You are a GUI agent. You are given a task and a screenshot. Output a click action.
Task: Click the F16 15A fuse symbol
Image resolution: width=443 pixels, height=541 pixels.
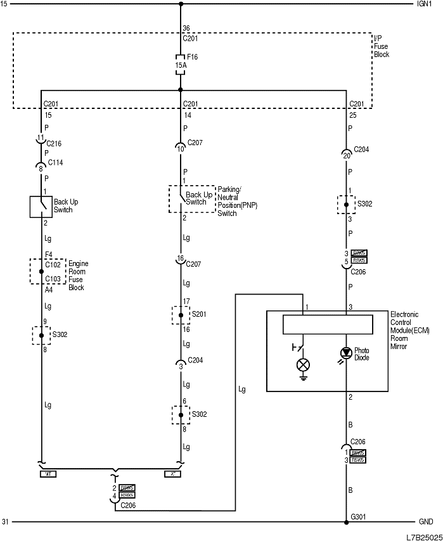coord(181,64)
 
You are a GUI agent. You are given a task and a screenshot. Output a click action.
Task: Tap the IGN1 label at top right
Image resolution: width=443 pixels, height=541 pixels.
coord(423,4)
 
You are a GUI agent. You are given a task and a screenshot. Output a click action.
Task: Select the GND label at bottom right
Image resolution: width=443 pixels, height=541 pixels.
coord(425,522)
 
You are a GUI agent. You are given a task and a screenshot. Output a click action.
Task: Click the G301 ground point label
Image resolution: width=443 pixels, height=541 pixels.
coord(359,516)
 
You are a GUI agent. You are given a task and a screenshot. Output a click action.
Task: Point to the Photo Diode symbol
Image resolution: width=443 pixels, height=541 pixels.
coord(347,353)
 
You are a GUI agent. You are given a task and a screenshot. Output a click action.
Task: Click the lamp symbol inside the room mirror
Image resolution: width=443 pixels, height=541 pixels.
coord(304,365)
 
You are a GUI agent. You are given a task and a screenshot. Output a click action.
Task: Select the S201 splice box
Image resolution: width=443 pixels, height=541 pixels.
coord(181,315)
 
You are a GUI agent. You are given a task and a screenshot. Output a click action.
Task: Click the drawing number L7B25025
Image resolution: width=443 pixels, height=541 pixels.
coord(423,536)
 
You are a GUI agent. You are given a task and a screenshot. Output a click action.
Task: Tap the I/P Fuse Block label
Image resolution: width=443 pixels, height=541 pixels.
coord(382,47)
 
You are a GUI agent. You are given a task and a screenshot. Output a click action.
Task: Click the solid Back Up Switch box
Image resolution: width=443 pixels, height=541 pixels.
coord(42,207)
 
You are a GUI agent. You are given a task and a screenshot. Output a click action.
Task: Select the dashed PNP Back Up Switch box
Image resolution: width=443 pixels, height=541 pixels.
coord(192,198)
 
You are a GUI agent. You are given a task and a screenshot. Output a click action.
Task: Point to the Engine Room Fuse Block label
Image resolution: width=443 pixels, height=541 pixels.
coord(79,276)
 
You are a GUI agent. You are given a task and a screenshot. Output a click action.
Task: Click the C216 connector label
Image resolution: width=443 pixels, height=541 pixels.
coord(55,144)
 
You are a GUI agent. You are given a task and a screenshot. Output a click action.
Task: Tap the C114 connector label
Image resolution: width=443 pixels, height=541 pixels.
coord(55,163)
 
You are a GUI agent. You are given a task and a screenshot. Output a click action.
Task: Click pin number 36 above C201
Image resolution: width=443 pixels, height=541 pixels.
coord(186,29)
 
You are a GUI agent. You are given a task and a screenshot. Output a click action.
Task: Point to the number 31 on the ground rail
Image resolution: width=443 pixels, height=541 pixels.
coord(5,522)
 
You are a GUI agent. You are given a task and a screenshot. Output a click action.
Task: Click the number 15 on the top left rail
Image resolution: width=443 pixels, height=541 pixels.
coord(4,4)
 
